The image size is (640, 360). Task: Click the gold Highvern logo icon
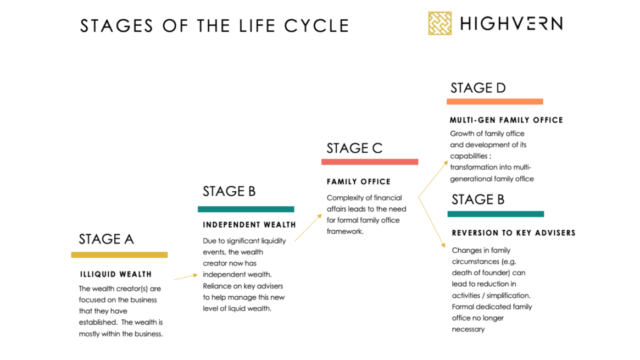coord(439,23)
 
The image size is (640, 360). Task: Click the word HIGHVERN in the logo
coord(511,24)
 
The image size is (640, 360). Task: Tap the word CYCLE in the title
coord(317,26)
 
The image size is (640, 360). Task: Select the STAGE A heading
coord(106,239)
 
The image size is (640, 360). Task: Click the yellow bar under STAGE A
coord(119,255)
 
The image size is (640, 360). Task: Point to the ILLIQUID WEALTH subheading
coord(116,274)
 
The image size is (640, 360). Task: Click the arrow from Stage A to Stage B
coord(186,277)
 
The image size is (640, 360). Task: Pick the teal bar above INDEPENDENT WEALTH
coord(246,209)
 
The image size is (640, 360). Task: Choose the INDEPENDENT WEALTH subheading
coord(249,225)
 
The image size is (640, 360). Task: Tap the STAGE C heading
coord(354,148)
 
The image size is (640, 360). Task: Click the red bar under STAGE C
coord(370,162)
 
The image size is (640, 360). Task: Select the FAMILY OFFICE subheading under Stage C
coord(359,181)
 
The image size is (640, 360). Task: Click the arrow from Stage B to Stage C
coord(308,228)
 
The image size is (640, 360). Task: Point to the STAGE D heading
coord(478,88)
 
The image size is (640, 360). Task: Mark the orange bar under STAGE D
coord(494,102)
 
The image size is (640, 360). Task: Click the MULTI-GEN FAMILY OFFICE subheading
coord(506,120)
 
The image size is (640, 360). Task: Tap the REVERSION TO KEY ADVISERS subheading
coord(514,233)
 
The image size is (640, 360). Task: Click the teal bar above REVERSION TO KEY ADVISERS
coord(496,214)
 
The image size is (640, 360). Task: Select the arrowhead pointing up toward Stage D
coord(446,163)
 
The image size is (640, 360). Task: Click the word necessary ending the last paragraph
coord(468,329)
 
